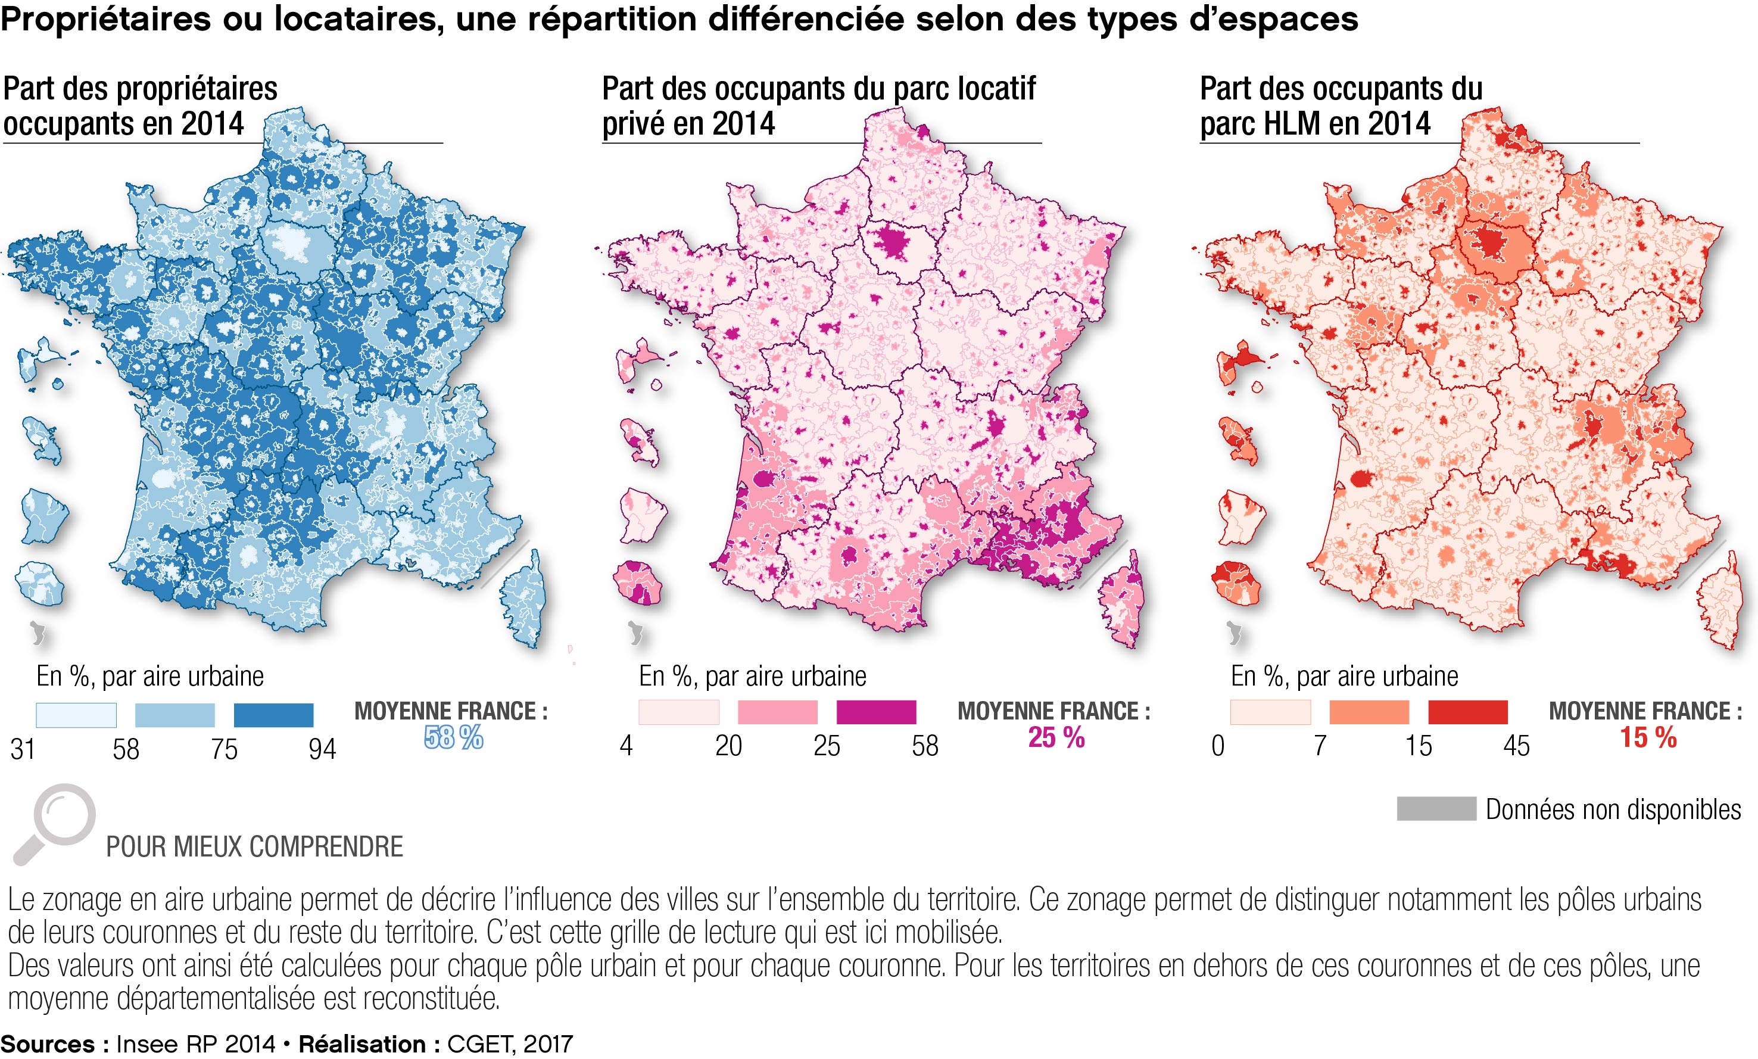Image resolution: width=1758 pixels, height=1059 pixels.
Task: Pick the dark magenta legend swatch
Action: [x=876, y=712]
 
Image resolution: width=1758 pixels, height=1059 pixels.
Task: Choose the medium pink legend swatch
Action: [x=778, y=712]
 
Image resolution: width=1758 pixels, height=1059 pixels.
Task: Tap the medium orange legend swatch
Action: [x=1369, y=712]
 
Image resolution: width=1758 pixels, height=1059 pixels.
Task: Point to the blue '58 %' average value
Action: [x=454, y=738]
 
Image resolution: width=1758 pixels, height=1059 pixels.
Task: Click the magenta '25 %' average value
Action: [x=1056, y=738]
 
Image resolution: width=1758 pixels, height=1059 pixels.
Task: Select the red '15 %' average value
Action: [x=1648, y=738]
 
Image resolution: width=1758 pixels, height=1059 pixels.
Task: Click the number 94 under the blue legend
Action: [x=322, y=749]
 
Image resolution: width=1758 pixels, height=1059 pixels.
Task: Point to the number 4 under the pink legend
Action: [x=626, y=746]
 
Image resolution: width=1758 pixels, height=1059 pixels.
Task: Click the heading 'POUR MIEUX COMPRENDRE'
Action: [x=255, y=847]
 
